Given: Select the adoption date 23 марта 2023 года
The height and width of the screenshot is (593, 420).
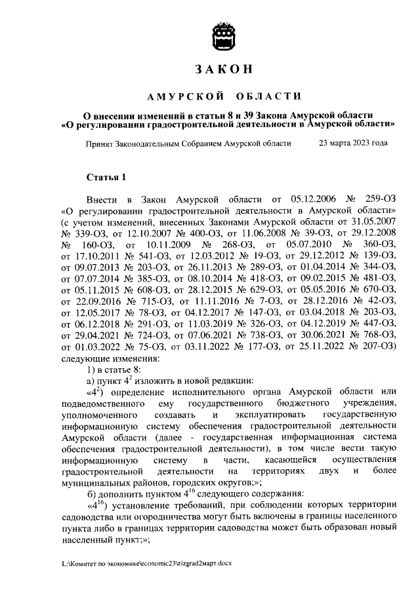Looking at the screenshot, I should click(x=352, y=143).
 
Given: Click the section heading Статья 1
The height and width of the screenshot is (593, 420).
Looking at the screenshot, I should click(x=105, y=177).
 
